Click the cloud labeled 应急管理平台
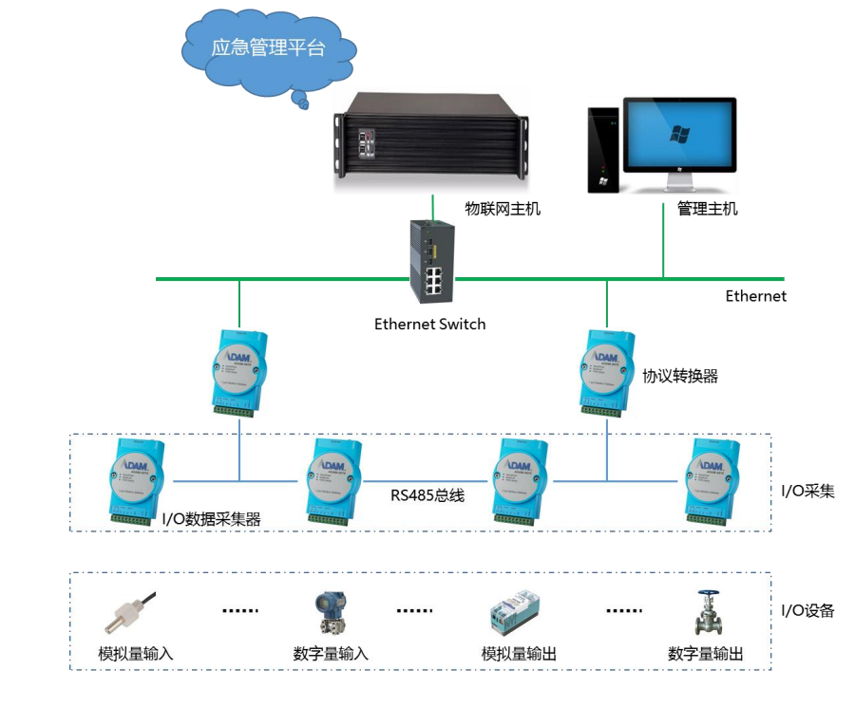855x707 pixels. (x=267, y=48)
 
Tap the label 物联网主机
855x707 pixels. (x=503, y=209)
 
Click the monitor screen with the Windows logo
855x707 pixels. (x=679, y=134)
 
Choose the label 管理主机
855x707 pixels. (x=708, y=209)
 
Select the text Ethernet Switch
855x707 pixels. (x=429, y=325)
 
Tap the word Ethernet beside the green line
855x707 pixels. (x=756, y=296)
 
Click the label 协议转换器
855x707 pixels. (x=680, y=376)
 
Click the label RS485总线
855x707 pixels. (x=427, y=494)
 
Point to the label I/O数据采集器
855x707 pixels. (x=211, y=518)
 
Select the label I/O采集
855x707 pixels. (x=807, y=491)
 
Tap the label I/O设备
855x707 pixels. (x=807, y=610)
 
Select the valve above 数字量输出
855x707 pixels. (x=707, y=613)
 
